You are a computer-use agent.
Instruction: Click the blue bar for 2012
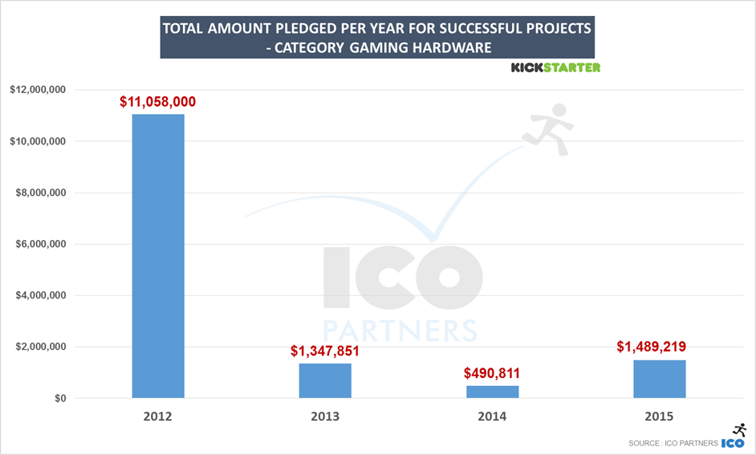pyautogui.click(x=158, y=256)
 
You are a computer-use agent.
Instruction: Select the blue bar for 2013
pyautogui.click(x=325, y=380)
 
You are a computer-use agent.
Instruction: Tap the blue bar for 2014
pyautogui.click(x=492, y=392)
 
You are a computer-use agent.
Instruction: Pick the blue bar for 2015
pyautogui.click(x=659, y=379)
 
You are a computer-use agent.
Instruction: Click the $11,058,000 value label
pyautogui.click(x=158, y=102)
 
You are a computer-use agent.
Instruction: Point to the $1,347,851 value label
pyautogui.click(x=325, y=351)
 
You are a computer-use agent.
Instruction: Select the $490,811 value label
pyautogui.click(x=492, y=373)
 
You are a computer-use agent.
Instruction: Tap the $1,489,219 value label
pyautogui.click(x=659, y=347)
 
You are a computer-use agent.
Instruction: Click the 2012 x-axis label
pyautogui.click(x=158, y=416)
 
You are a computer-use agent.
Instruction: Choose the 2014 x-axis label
pyautogui.click(x=492, y=416)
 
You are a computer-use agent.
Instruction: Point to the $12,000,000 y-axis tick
pyautogui.click(x=39, y=90)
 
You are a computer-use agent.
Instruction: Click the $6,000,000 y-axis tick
pyautogui.click(x=42, y=244)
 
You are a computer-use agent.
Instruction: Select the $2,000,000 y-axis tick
pyautogui.click(x=42, y=347)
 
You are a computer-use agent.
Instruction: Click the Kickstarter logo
pyautogui.click(x=555, y=67)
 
